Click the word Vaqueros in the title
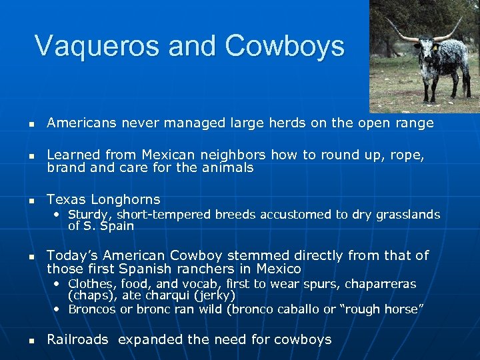97,46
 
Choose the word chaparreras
380,284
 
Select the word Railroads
77,339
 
